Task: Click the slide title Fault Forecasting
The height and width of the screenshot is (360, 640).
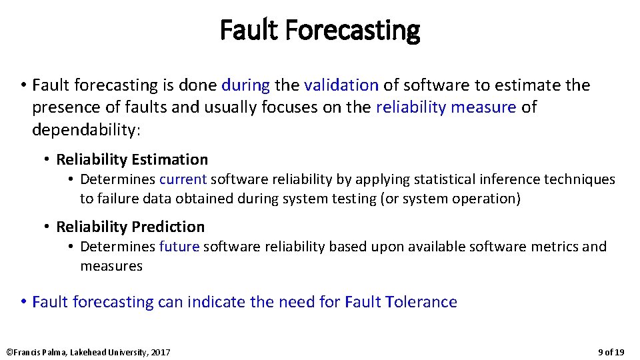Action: coord(320,30)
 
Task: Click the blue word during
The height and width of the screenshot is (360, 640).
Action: coord(245,85)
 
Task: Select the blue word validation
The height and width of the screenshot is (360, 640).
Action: coord(341,85)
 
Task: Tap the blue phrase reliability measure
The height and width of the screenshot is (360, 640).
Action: coord(446,107)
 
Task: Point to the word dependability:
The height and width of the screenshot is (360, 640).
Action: coord(87,129)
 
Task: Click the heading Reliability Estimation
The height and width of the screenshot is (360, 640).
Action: coord(132,159)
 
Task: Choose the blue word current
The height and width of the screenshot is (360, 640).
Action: coord(183,179)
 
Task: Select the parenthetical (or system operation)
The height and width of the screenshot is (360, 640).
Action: coord(450,199)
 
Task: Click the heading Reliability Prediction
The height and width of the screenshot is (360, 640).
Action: coord(131,227)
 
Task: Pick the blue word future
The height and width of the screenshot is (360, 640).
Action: coord(179,247)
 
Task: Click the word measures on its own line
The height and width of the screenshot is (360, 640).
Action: coord(111,266)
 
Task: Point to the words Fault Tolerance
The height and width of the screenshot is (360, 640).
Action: coord(401,302)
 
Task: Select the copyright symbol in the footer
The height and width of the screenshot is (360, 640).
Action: coord(9,352)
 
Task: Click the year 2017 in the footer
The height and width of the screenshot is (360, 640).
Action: coord(161,352)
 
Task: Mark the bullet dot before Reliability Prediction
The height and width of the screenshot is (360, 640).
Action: coord(47,227)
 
